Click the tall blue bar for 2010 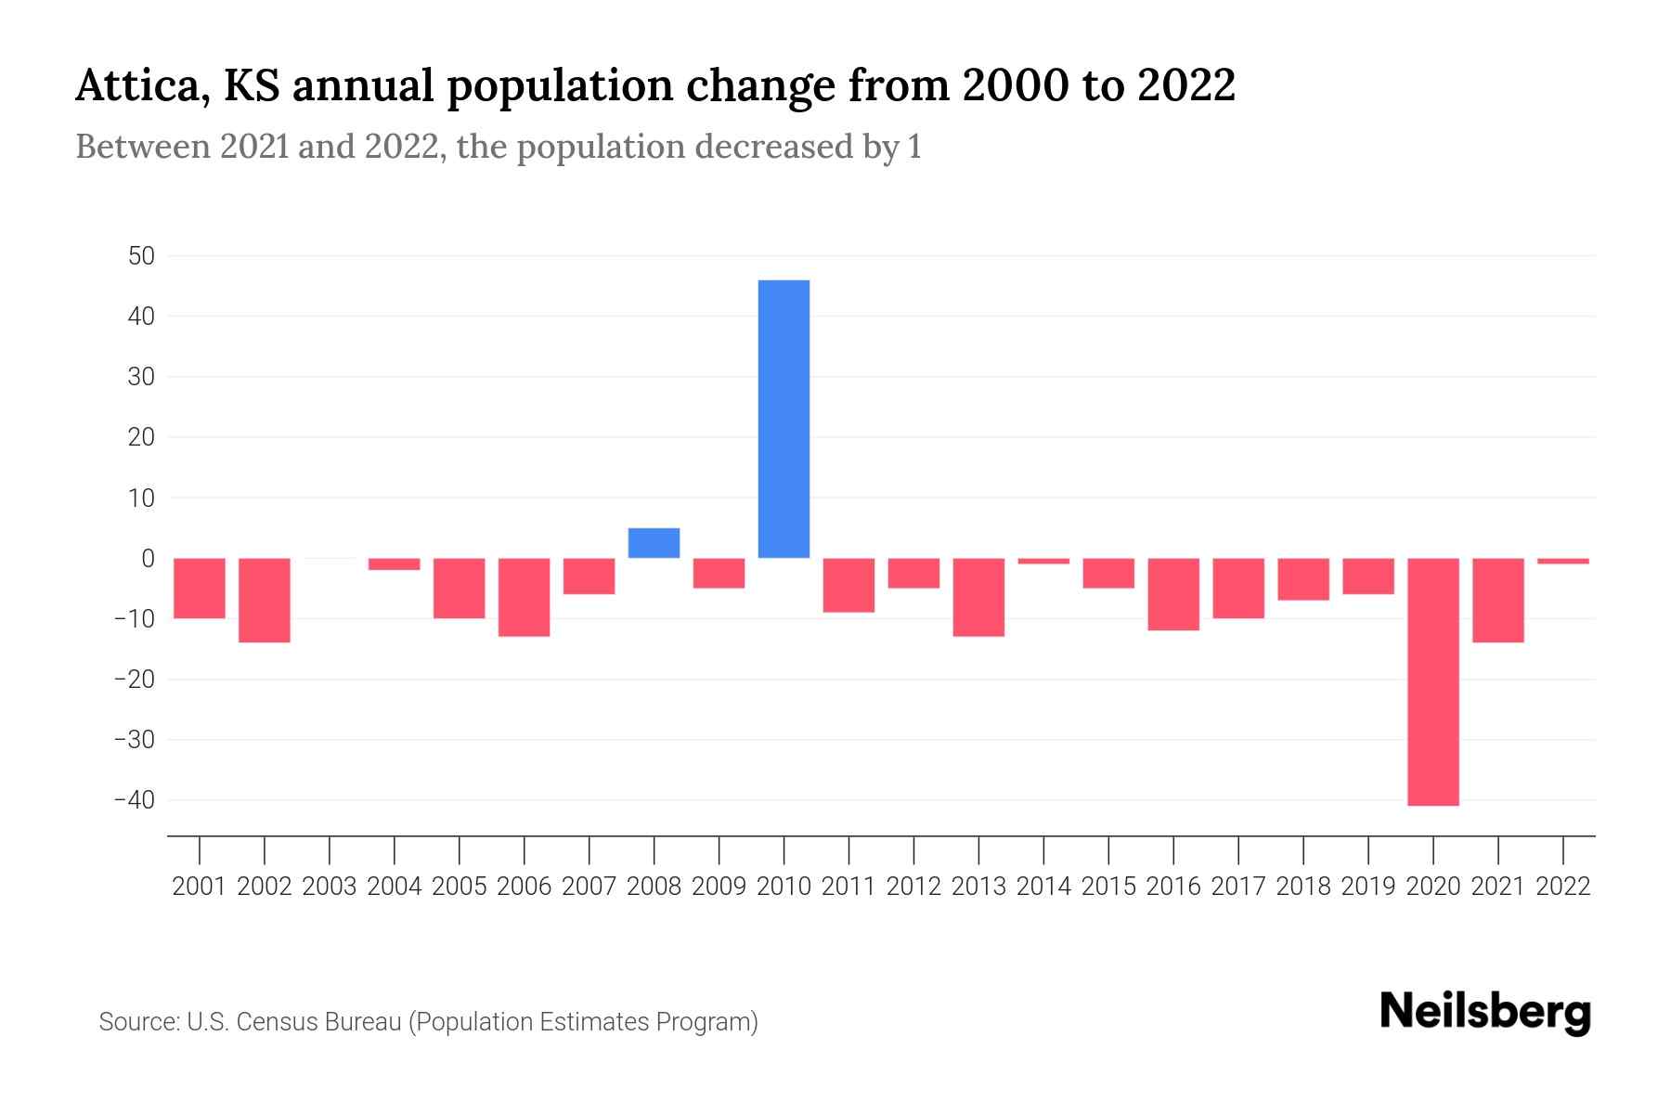[784, 419]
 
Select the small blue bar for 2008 [654, 543]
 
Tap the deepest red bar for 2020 [1432, 681]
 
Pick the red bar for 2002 [265, 600]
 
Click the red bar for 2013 [978, 597]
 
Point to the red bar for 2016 [1173, 594]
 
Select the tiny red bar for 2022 [1562, 561]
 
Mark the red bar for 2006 [525, 597]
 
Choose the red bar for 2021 [1497, 600]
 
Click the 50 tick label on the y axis [141, 256]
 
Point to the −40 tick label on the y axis [134, 800]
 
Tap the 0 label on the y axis [148, 559]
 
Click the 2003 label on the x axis [330, 887]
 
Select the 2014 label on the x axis [1043, 887]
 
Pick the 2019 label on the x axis [1367, 887]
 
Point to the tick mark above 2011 [848, 849]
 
